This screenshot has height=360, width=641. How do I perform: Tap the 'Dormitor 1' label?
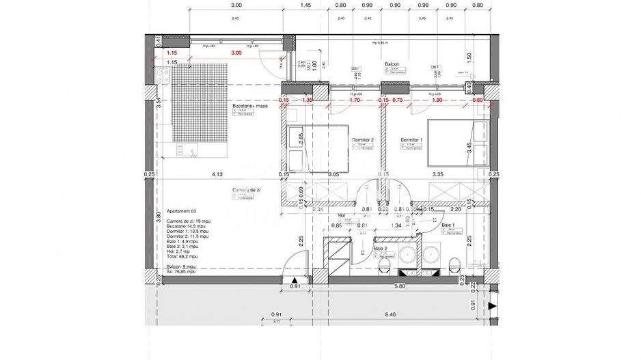tap(411, 139)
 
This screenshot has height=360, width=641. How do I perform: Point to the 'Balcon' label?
tap(391, 63)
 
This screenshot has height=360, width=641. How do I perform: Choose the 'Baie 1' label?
tap(448, 225)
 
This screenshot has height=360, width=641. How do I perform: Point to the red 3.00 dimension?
tap(236, 53)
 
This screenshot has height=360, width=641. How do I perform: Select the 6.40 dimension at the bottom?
tap(390, 315)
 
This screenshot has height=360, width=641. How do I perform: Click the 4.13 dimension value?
tap(217, 174)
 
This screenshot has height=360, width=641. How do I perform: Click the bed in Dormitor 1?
tap(456, 142)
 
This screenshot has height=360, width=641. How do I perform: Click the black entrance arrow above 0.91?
tap(295, 280)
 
